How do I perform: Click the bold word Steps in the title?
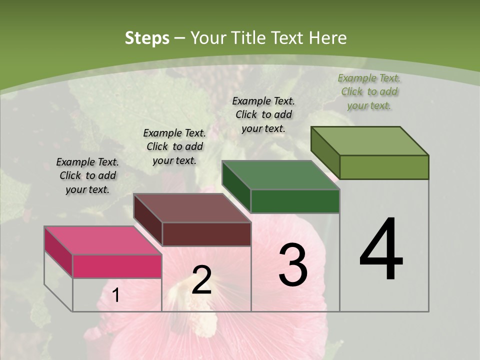147,38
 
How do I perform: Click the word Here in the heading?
328,38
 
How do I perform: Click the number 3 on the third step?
293,265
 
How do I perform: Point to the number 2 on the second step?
201,280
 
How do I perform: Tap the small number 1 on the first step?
116,295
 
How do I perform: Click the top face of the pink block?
103,240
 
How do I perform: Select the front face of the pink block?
117,266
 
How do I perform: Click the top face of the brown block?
192,208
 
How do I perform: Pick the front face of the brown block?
206,234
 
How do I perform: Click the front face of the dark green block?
295,201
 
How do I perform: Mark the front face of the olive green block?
384,167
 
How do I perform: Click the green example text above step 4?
369,91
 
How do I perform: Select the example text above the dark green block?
263,114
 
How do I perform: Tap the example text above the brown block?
174,146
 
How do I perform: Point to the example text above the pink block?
87,175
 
